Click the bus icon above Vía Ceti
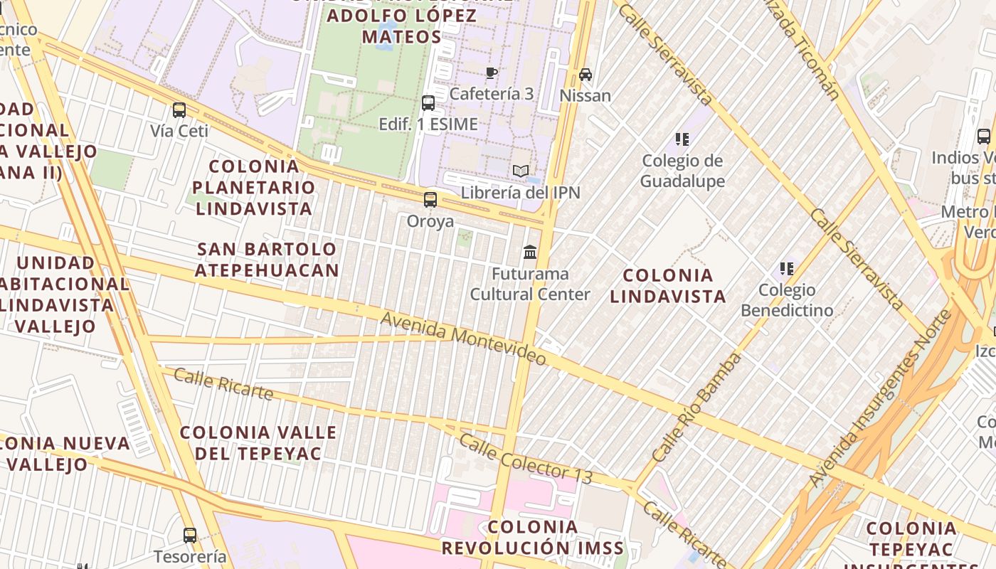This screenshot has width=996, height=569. (179, 110)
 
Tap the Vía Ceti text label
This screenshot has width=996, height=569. (179, 131)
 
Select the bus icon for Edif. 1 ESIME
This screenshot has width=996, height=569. (428, 103)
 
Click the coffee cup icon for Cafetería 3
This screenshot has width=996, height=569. (491, 73)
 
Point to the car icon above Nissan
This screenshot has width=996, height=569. (586, 75)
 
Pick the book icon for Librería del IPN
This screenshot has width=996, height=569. (521, 171)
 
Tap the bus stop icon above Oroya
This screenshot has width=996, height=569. (430, 200)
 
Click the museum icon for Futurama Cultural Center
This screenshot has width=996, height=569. (530, 252)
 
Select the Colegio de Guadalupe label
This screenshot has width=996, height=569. (682, 171)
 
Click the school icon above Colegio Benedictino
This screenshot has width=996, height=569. (786, 269)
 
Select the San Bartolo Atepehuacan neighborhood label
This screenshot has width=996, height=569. (267, 260)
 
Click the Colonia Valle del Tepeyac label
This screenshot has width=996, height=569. (258, 442)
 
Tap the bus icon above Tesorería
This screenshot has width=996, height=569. (190, 535)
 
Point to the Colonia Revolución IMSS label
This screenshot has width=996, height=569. (532, 538)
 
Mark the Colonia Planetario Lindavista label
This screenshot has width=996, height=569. (255, 188)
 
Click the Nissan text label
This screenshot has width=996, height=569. (586, 95)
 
